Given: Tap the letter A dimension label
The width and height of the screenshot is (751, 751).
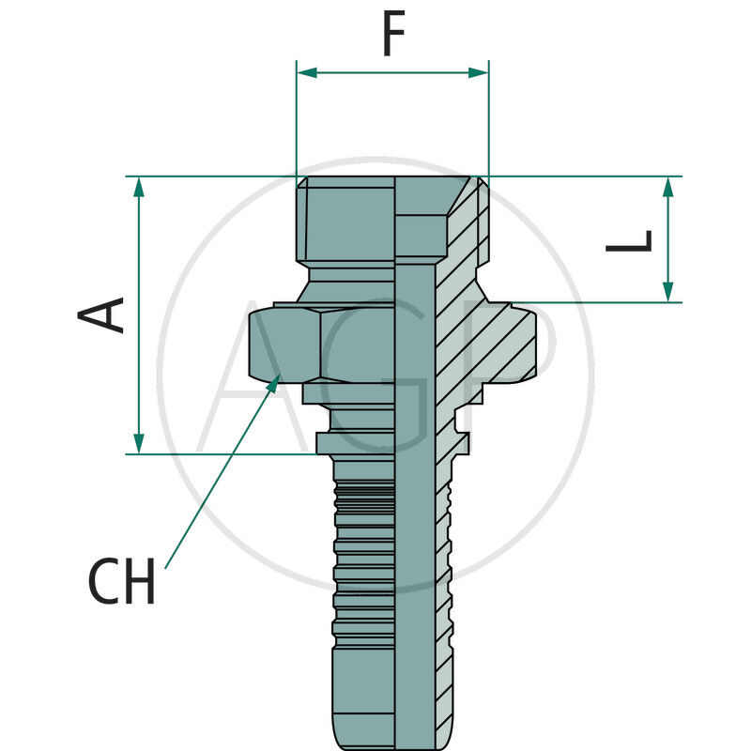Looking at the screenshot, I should pyautogui.click(x=102, y=314).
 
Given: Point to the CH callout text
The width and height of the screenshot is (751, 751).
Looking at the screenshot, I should pyautogui.click(x=122, y=582).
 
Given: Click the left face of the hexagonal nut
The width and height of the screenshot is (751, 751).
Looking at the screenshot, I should pyautogui.click(x=284, y=345).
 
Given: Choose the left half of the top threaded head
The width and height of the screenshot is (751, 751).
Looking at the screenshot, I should pyautogui.click(x=345, y=222).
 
